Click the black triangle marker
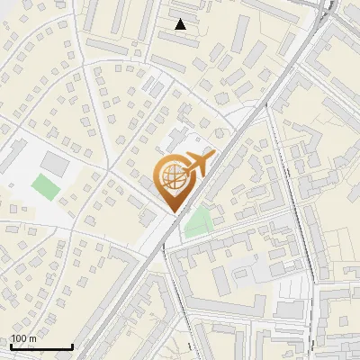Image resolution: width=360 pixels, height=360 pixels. click(x=181, y=24)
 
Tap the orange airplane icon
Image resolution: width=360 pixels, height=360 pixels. click(x=197, y=165)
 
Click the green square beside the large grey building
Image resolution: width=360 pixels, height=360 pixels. click(x=43, y=187)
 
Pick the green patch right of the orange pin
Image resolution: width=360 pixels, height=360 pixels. click(x=198, y=222)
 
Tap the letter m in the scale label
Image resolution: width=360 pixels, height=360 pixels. click(x=32, y=338)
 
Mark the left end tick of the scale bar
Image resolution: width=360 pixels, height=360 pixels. click(x=11, y=346)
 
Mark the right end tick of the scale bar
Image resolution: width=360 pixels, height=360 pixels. click(x=72, y=346)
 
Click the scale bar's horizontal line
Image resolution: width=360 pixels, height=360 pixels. click(x=41, y=347)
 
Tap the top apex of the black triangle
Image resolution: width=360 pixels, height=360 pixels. click(x=181, y=19)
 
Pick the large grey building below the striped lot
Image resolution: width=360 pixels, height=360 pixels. click(x=289, y=310)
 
